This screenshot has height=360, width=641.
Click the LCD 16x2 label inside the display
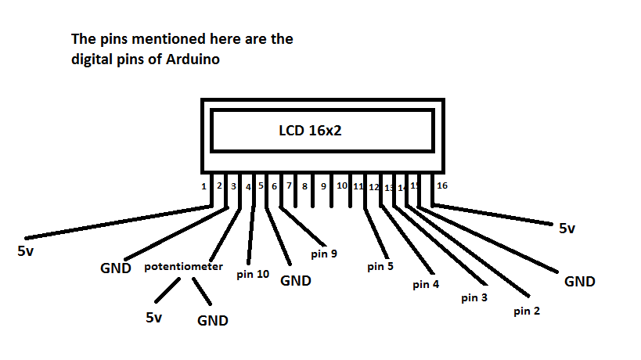coord(310,131)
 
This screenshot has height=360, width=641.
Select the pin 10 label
coord(253,275)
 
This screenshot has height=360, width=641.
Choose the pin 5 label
coord(380,266)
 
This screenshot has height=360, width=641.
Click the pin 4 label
coord(426,284)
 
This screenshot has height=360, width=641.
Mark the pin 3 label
coord(474,297)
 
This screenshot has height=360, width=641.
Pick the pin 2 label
coord(527,311)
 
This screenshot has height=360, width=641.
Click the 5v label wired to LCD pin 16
coord(567,229)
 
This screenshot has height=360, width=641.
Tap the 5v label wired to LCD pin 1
coord(25,252)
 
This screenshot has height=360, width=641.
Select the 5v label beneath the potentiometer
coord(154,318)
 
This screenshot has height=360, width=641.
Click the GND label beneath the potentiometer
coord(212,320)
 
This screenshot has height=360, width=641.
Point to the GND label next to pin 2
coord(579,282)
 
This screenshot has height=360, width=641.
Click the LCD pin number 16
coord(442,185)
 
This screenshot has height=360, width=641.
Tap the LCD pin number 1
coord(203,186)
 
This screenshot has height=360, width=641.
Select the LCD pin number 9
coord(323,186)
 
